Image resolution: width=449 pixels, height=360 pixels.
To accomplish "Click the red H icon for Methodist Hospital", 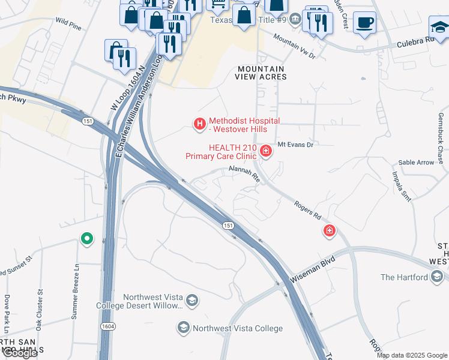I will click(199, 124).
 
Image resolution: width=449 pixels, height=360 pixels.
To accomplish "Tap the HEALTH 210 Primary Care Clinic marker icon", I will click(265, 150).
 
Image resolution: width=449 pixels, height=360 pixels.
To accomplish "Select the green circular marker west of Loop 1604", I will click(87, 239).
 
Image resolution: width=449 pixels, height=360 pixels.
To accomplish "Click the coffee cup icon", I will click(364, 23).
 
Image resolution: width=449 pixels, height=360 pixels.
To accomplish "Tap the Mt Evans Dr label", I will click(295, 145).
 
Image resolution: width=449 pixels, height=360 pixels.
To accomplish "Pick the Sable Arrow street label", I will click(416, 163).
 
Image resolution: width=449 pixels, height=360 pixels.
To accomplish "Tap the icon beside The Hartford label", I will click(438, 277).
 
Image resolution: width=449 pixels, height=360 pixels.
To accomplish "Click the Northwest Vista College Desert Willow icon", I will click(191, 300).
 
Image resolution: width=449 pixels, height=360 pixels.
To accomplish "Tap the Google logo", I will click(20, 353).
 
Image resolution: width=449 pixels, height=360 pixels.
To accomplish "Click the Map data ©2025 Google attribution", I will click(412, 355).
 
